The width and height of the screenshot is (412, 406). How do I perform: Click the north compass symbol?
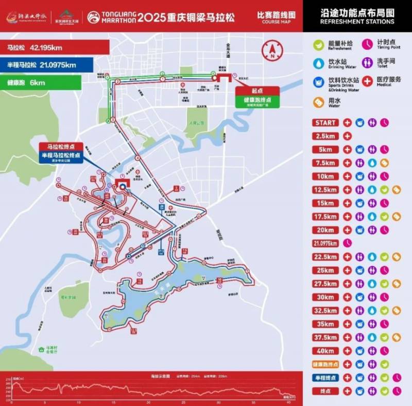click(271, 50)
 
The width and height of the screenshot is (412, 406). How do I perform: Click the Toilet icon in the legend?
click(368, 63)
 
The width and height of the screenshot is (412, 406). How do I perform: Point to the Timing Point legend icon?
click(368, 44)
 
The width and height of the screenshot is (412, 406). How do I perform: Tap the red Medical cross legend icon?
click(368, 82)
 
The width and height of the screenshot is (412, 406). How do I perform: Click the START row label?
click(325, 123)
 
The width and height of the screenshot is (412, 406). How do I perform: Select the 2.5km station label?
click(325, 136)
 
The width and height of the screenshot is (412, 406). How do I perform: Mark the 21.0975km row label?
click(325, 243)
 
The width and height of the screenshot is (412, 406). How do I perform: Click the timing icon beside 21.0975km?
click(347, 243)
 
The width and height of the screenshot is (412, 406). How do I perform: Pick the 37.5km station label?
click(325, 337)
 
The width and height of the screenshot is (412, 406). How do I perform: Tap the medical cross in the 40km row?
click(347, 351)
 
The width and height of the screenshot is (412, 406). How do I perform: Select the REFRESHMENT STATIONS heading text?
click(357, 22)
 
